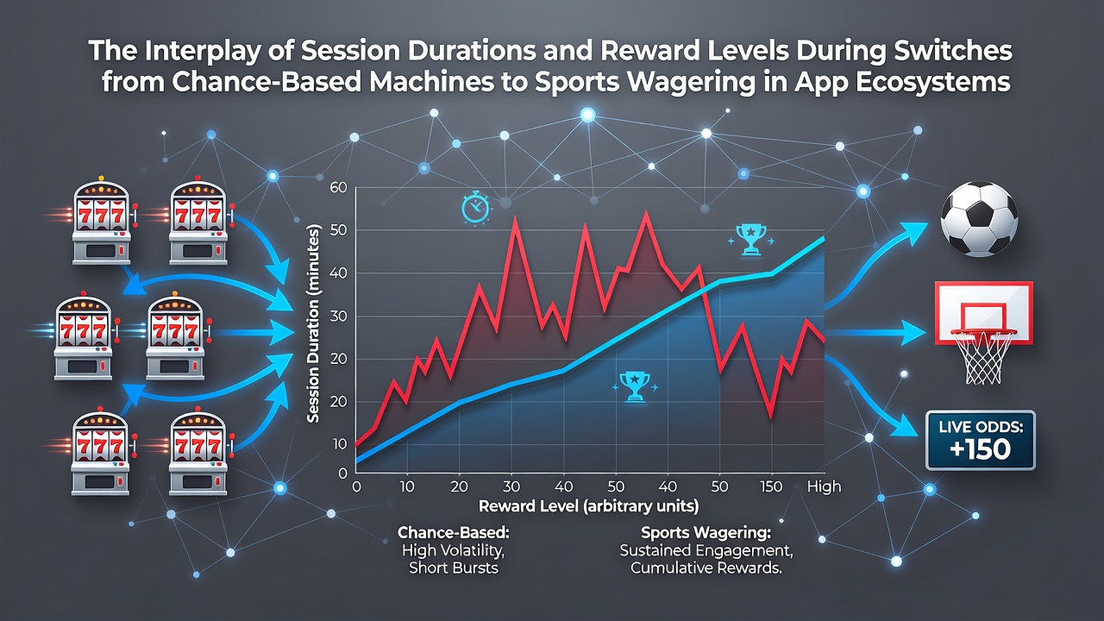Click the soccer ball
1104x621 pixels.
point(979,219)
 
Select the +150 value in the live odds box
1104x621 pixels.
point(981,449)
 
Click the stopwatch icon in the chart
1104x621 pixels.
point(475,209)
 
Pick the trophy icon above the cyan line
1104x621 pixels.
point(750,240)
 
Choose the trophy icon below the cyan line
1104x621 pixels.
point(635,387)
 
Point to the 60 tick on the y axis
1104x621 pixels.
point(339,188)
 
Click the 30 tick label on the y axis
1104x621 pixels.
point(339,317)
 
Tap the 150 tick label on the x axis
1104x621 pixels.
point(771,487)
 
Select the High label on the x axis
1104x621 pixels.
point(824,487)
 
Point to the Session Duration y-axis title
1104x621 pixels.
point(313,323)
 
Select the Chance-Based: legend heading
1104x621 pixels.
point(454,532)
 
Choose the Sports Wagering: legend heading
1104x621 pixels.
point(706,532)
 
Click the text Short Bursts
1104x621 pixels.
point(454,568)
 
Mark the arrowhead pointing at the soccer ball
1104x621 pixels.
point(914,231)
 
